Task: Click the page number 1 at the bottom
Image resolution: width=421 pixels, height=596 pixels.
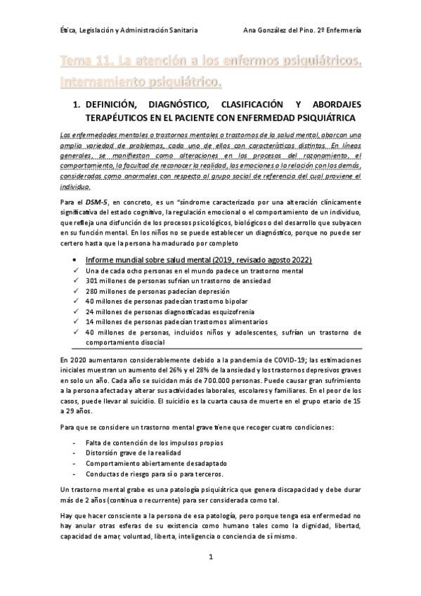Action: pos(211,557)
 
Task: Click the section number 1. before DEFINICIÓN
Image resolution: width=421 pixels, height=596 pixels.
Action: pos(77,105)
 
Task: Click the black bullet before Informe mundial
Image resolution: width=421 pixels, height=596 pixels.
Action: pos(75,261)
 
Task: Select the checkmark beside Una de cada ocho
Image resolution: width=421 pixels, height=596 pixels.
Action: pos(75,271)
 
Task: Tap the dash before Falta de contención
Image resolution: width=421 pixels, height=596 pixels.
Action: pos(75,442)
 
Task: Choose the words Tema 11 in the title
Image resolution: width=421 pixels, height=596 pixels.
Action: pos(85,65)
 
